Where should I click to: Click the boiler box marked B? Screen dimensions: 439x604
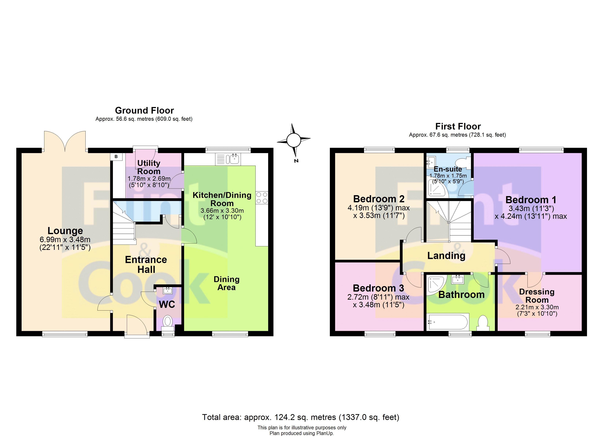click(x=116, y=157)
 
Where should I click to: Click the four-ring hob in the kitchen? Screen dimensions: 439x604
click(x=262, y=198)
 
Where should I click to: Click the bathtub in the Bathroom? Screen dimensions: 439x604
click(x=447, y=322)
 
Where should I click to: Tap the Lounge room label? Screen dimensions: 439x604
click(x=65, y=230)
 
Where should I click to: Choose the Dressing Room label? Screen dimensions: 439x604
click(x=537, y=296)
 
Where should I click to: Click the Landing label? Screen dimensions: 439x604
click(x=446, y=256)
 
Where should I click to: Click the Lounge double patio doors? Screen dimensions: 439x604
click(x=65, y=141)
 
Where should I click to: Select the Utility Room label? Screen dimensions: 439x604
click(x=149, y=167)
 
